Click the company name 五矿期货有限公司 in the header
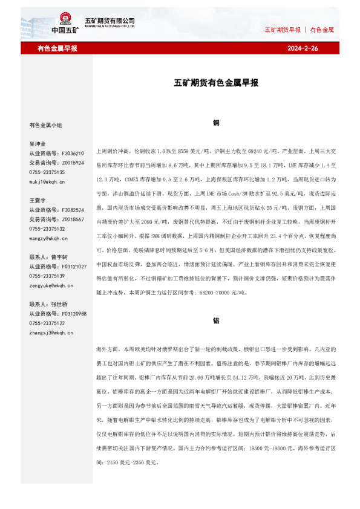pos(110,20)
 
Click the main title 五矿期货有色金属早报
pos(216,83)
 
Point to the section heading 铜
pos(216,123)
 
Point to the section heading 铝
pos(216,321)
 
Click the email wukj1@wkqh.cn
pos(47,181)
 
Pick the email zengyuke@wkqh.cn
pos(51,285)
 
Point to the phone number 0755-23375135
pos(47,172)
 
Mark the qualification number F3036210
pos(72,154)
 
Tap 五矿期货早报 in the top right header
pos(283,29)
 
